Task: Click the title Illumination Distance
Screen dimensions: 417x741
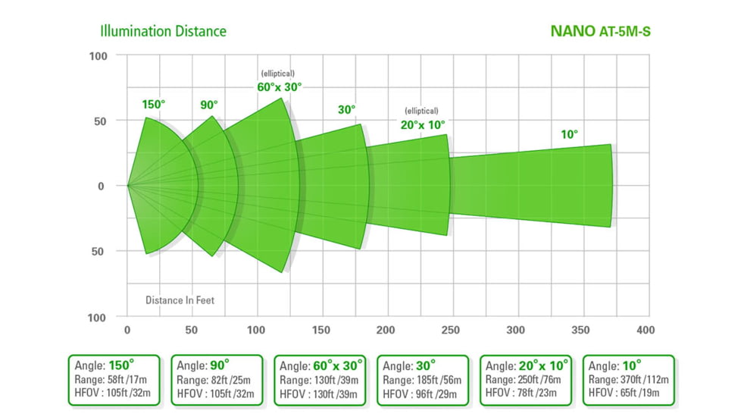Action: click(x=163, y=31)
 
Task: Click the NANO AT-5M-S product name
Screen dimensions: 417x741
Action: click(x=599, y=32)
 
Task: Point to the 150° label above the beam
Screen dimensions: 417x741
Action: click(x=154, y=105)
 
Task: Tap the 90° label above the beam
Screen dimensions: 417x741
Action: click(x=209, y=105)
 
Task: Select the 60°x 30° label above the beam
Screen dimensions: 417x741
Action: click(x=279, y=86)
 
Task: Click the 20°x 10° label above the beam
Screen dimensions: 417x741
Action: click(x=423, y=124)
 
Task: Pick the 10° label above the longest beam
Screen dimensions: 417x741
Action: click(x=569, y=134)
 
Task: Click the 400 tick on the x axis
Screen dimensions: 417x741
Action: click(x=646, y=331)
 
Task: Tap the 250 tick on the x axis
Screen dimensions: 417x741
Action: click(x=451, y=331)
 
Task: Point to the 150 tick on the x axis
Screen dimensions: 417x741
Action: click(x=321, y=331)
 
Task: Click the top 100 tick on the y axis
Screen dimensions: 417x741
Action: click(x=98, y=56)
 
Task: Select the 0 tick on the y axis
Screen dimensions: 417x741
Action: click(x=101, y=186)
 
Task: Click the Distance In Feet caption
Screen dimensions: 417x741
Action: click(x=180, y=300)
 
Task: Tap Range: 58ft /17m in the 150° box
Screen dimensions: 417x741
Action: click(x=112, y=379)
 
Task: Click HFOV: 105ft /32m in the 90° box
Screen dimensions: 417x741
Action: click(x=216, y=393)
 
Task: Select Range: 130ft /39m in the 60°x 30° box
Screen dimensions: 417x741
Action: click(x=319, y=379)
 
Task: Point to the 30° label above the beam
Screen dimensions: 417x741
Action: click(x=346, y=110)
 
